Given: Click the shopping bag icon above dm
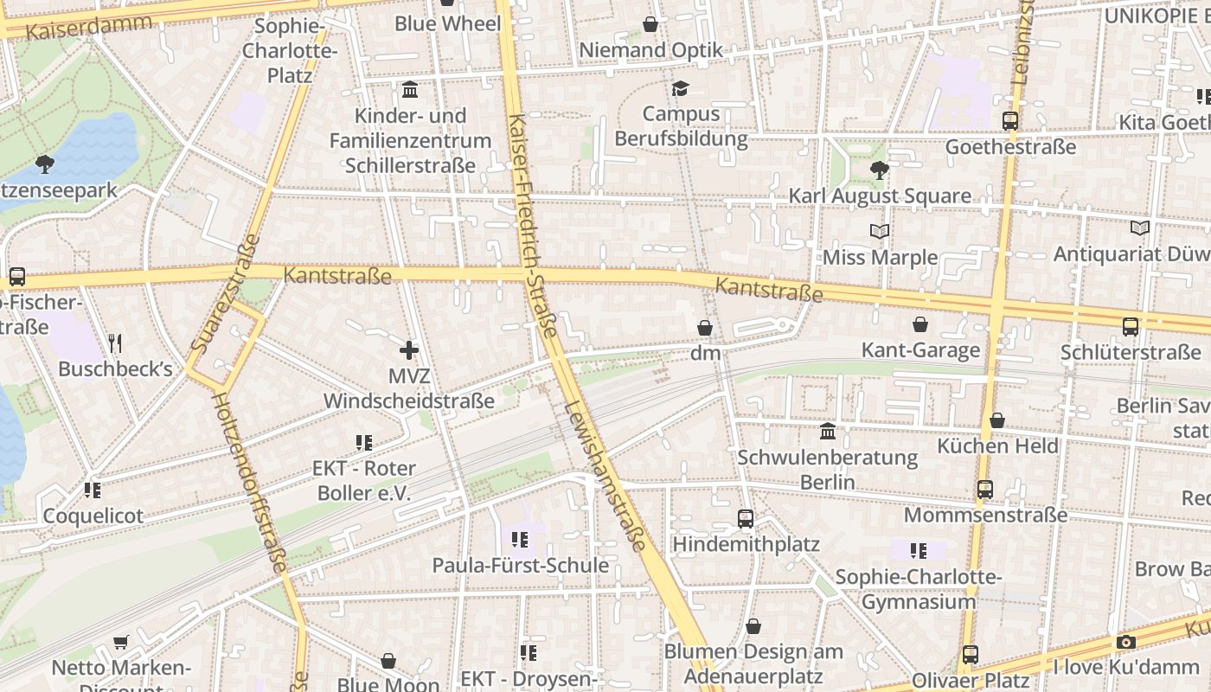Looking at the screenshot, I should [705, 329].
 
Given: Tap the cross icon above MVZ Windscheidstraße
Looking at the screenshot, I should [409, 350].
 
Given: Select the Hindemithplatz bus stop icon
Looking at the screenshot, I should [746, 519].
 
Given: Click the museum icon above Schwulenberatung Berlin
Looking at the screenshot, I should [828, 431].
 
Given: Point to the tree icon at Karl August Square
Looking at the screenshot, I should [880, 170].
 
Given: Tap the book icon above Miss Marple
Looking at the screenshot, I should [880, 231].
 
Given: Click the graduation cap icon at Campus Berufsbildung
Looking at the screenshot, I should [681, 88].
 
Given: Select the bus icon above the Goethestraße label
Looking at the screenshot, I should [1010, 121].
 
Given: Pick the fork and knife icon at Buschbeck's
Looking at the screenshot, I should [115, 343].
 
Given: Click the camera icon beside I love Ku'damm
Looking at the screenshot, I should [1125, 642].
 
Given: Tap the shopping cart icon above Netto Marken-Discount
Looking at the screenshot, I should [121, 643].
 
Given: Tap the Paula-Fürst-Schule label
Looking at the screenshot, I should [521, 566].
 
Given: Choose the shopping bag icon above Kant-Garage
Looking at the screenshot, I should [920, 324].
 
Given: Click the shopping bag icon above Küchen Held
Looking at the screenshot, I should [997, 420].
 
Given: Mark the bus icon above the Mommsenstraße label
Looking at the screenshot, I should [985, 490].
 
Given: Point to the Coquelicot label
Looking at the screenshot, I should [93, 516].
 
